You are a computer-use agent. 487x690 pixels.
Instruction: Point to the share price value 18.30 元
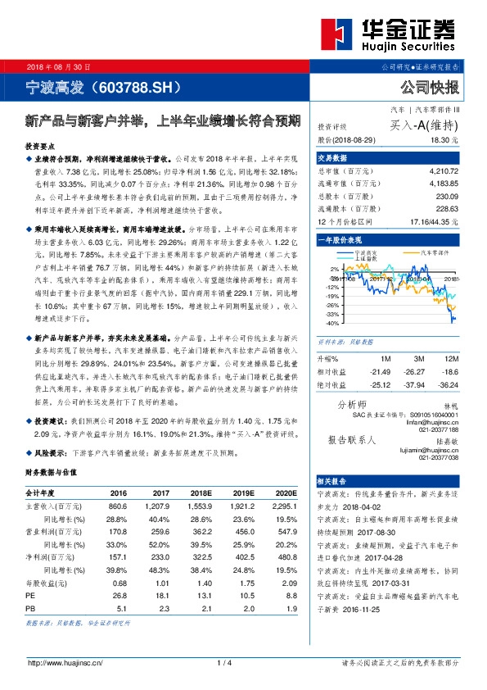pos(445,141)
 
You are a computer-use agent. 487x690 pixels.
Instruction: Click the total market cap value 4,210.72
pos(442,172)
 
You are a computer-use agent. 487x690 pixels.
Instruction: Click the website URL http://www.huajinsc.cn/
pos(64,663)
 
